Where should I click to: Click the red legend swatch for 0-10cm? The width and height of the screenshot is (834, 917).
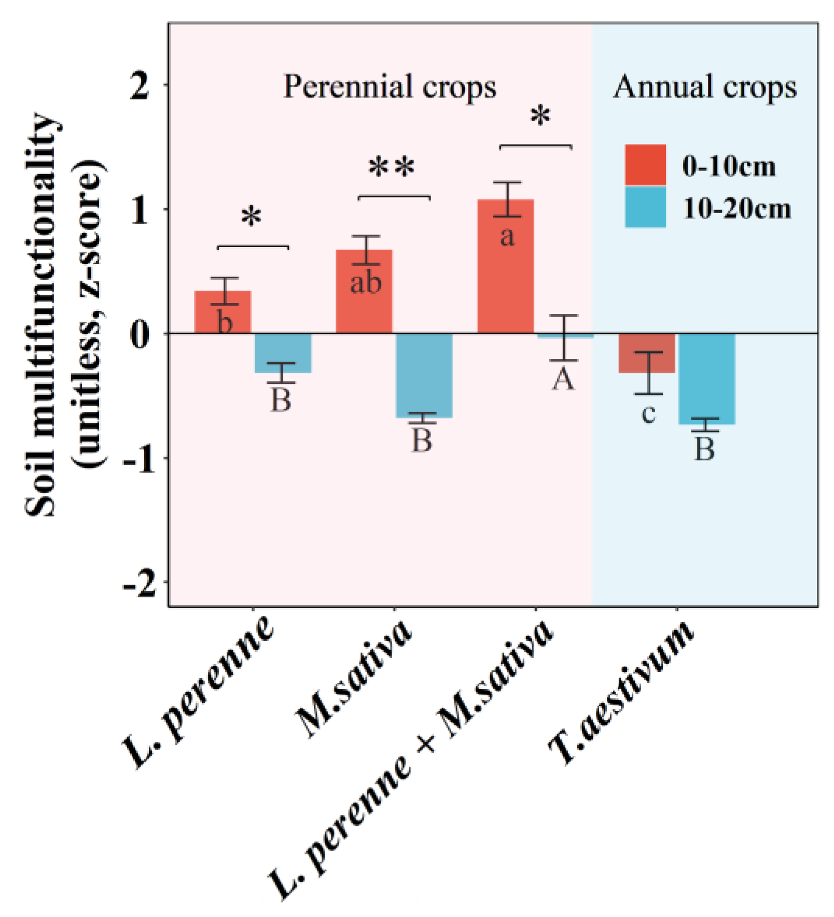645,165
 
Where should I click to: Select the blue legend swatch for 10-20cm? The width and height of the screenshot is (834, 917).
645,207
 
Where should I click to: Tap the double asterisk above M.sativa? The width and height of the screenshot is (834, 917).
392,168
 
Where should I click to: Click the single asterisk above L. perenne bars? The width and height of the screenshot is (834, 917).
252,217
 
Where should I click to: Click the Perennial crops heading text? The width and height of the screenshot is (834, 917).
390,87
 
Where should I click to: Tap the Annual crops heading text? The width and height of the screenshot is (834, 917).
705,87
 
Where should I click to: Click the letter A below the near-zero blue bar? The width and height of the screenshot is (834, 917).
563,380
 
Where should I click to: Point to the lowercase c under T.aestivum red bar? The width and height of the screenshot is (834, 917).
648,413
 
